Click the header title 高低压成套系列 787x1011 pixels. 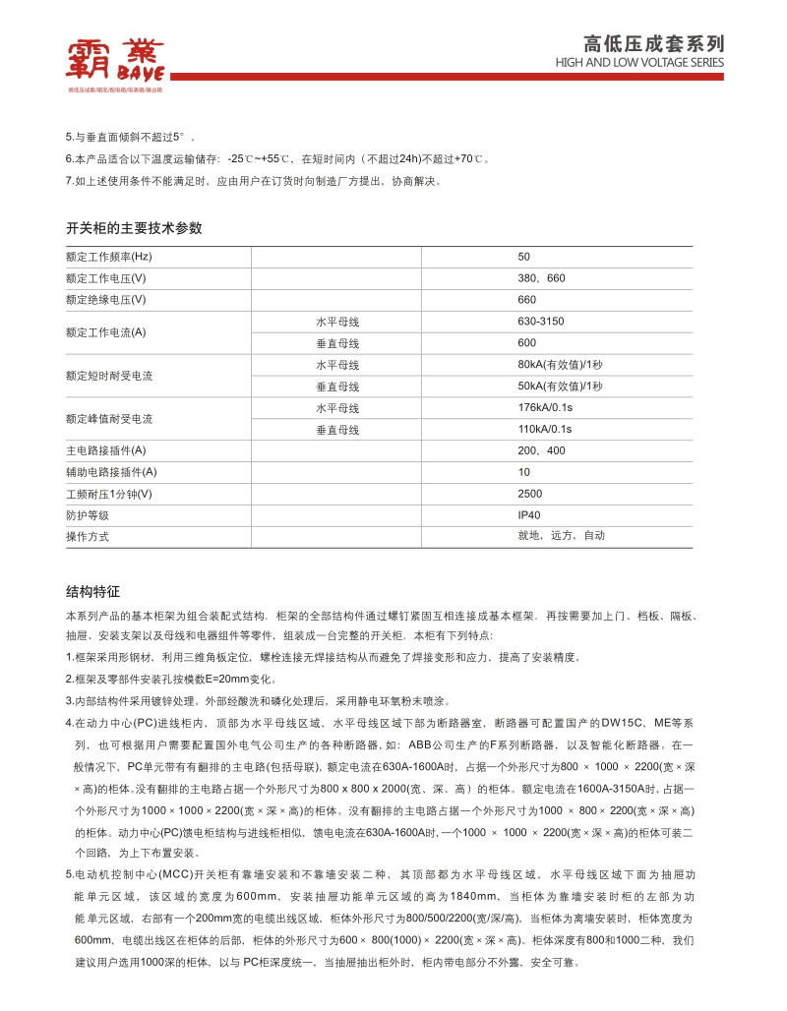pos(653,43)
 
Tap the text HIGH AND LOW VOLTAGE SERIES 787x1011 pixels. pos(639,63)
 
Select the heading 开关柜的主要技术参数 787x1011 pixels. pos(134,227)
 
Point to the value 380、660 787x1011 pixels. pos(542,278)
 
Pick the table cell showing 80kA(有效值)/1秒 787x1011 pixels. pos(560,365)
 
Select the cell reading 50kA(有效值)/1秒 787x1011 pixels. pos(560,387)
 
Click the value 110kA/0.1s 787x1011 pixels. pos(545,430)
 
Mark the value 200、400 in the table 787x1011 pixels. pos(542,451)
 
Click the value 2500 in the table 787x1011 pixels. pos(530,494)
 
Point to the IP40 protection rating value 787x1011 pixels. pos(529,515)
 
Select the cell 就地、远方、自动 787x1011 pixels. pos(562,536)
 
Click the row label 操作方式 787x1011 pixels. pos(88,537)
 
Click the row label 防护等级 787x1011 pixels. pos(88,515)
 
